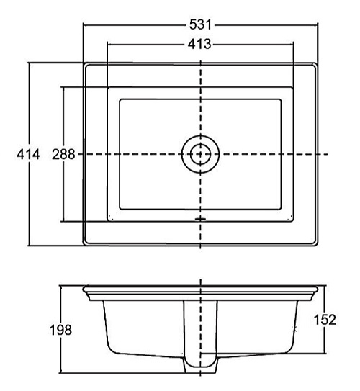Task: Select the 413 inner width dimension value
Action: (199, 45)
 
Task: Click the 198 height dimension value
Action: (60, 330)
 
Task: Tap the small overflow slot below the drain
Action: (199, 217)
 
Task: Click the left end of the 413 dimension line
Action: (107, 45)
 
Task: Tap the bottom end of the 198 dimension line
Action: (60, 374)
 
